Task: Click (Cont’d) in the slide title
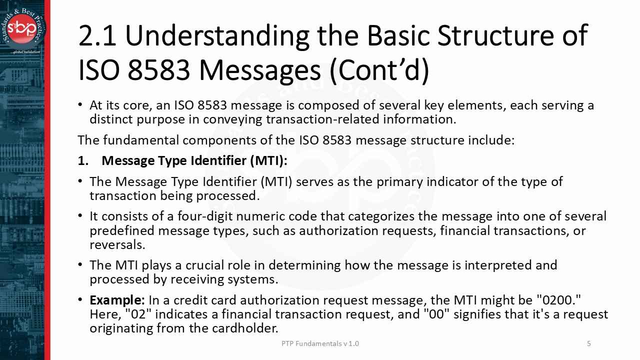pos(379,70)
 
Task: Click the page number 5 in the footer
pos(589,343)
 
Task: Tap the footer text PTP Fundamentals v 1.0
pos(320,343)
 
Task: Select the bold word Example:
pos(117,300)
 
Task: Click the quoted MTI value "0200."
pos(558,300)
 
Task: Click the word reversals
pos(116,244)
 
